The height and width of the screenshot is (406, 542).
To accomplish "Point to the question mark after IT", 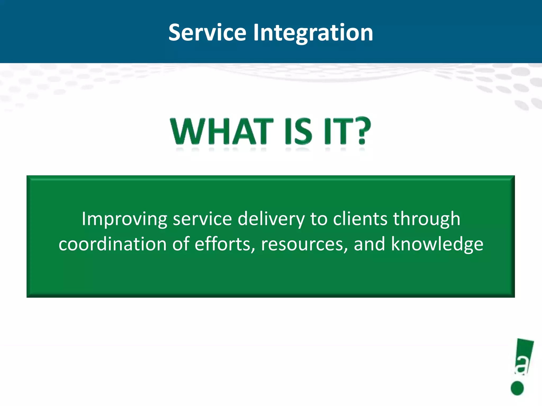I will [361, 131].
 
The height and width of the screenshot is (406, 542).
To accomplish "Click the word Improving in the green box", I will [124, 219].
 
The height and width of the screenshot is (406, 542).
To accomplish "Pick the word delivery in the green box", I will [271, 219].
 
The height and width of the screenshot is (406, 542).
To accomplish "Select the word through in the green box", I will [426, 219].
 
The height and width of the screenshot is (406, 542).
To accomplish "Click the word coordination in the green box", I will [112, 244].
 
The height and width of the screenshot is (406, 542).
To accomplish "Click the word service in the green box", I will [202, 219].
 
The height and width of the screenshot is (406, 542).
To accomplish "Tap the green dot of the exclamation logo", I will [517, 388].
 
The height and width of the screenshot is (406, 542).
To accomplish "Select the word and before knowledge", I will [369, 244].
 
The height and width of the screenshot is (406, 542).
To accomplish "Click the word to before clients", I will [319, 219].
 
